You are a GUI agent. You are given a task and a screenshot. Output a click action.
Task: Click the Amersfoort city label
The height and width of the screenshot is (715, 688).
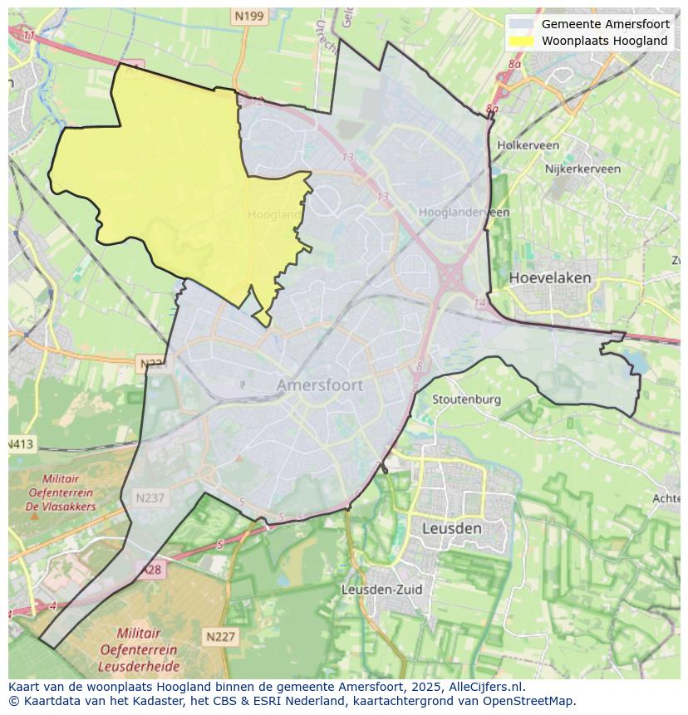319,385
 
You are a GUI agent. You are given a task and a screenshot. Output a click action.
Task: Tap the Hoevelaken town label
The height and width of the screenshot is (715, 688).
550,277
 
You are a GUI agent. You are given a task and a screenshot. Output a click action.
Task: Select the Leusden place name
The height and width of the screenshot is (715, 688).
451,528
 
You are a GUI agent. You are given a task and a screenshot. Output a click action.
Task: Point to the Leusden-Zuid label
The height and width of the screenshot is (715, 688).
381,590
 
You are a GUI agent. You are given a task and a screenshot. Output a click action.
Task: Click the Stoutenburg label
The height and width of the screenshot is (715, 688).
466,399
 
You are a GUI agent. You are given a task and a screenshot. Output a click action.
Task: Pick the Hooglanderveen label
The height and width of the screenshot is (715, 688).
464,213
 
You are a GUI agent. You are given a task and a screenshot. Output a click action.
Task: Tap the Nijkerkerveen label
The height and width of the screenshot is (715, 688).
582,169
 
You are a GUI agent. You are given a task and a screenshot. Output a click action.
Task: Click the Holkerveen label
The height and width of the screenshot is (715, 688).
528,145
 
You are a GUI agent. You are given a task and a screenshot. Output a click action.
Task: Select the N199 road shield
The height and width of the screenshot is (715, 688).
248,16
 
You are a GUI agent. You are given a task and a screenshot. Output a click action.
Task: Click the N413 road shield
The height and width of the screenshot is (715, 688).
21,444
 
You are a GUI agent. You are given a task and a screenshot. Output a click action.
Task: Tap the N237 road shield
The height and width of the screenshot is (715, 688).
150,498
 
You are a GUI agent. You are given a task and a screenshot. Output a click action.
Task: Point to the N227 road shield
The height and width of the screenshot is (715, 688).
220,637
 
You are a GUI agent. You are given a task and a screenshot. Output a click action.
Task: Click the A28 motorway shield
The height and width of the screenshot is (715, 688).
151,570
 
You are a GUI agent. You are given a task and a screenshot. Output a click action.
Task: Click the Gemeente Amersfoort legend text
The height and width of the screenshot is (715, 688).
605,24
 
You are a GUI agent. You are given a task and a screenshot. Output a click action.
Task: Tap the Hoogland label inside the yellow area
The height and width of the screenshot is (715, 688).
274,215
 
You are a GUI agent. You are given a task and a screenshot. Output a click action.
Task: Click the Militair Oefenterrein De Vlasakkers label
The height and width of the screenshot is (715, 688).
61,492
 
